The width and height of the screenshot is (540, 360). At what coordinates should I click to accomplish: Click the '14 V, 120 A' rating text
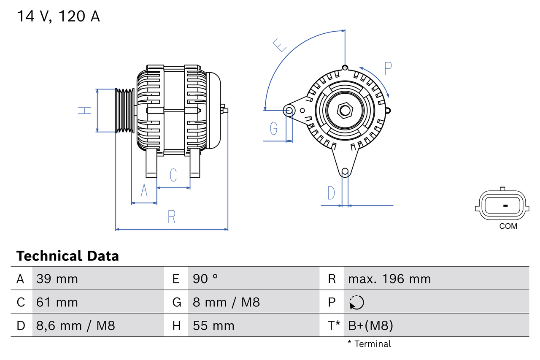tap(58, 16)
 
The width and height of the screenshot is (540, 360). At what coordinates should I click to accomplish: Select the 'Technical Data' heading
tap(67, 256)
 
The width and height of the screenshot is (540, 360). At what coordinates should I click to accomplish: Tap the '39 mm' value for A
tap(57, 279)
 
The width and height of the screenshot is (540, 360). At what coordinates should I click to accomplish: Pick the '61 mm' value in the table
tap(57, 302)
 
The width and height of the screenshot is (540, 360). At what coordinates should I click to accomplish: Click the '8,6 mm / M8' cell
tap(76, 325)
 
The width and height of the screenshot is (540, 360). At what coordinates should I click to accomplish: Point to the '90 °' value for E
tap(205, 279)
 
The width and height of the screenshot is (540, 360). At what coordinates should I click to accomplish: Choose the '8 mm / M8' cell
tap(226, 302)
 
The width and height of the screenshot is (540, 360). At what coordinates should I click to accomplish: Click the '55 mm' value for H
tap(213, 325)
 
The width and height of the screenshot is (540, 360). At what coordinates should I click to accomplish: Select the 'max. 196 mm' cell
tap(389, 279)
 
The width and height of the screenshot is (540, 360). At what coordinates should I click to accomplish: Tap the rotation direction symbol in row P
tap(356, 302)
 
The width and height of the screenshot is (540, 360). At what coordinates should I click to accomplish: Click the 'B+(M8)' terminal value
tap(370, 325)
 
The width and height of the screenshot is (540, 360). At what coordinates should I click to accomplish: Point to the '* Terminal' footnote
tap(370, 344)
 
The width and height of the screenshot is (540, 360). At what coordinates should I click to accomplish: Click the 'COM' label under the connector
tap(508, 226)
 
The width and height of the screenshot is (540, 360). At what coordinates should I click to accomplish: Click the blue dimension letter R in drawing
tap(171, 217)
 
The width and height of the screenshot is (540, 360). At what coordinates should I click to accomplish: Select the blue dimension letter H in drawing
tap(85, 111)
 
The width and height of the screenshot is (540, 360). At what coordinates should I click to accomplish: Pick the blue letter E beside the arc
tap(280, 45)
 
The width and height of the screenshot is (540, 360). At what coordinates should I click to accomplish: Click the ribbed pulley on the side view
tap(125, 111)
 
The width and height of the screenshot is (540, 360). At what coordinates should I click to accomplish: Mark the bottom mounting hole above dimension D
tap(345, 171)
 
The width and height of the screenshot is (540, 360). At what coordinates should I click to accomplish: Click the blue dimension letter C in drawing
tap(173, 175)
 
